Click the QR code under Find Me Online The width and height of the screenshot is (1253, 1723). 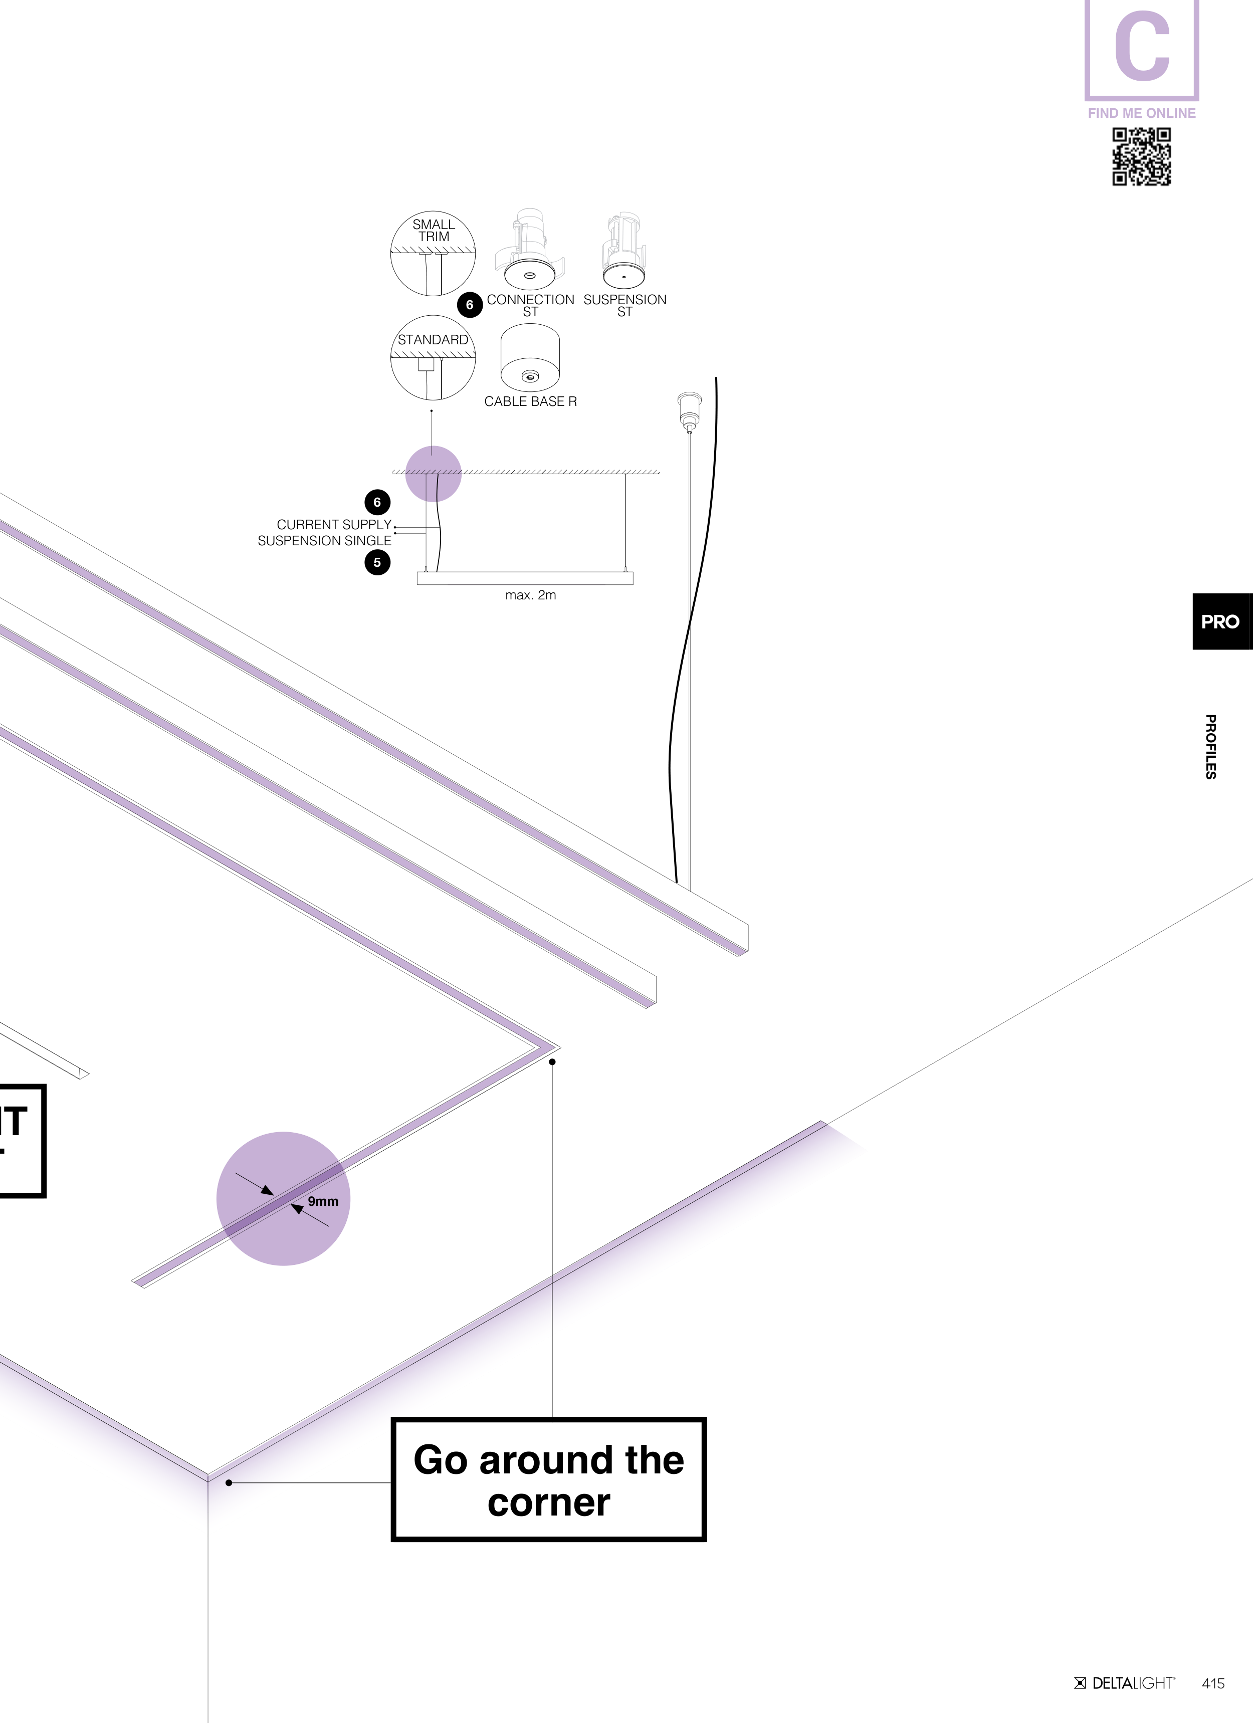pos(1141,156)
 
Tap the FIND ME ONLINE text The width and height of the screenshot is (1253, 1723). pos(1141,113)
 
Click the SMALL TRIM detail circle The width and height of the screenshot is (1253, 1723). pos(433,253)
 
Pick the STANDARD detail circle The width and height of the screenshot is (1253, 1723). pos(433,358)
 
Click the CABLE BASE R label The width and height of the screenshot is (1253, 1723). pos(530,401)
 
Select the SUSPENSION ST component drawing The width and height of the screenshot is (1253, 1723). pos(624,251)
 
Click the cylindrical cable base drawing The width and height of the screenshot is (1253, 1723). pos(530,356)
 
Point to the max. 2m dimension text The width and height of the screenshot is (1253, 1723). pos(530,595)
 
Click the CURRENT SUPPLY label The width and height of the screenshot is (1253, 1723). pos(334,524)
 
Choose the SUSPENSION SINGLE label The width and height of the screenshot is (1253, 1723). pos(324,540)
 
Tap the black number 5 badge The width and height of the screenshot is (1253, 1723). pos(377,563)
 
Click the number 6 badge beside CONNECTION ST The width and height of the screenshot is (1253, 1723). pos(470,305)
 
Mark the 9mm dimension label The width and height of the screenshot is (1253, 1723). pos(323,1201)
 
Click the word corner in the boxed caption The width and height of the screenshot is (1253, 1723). pos(549,1502)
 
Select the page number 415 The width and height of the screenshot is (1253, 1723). pos(1213,1683)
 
